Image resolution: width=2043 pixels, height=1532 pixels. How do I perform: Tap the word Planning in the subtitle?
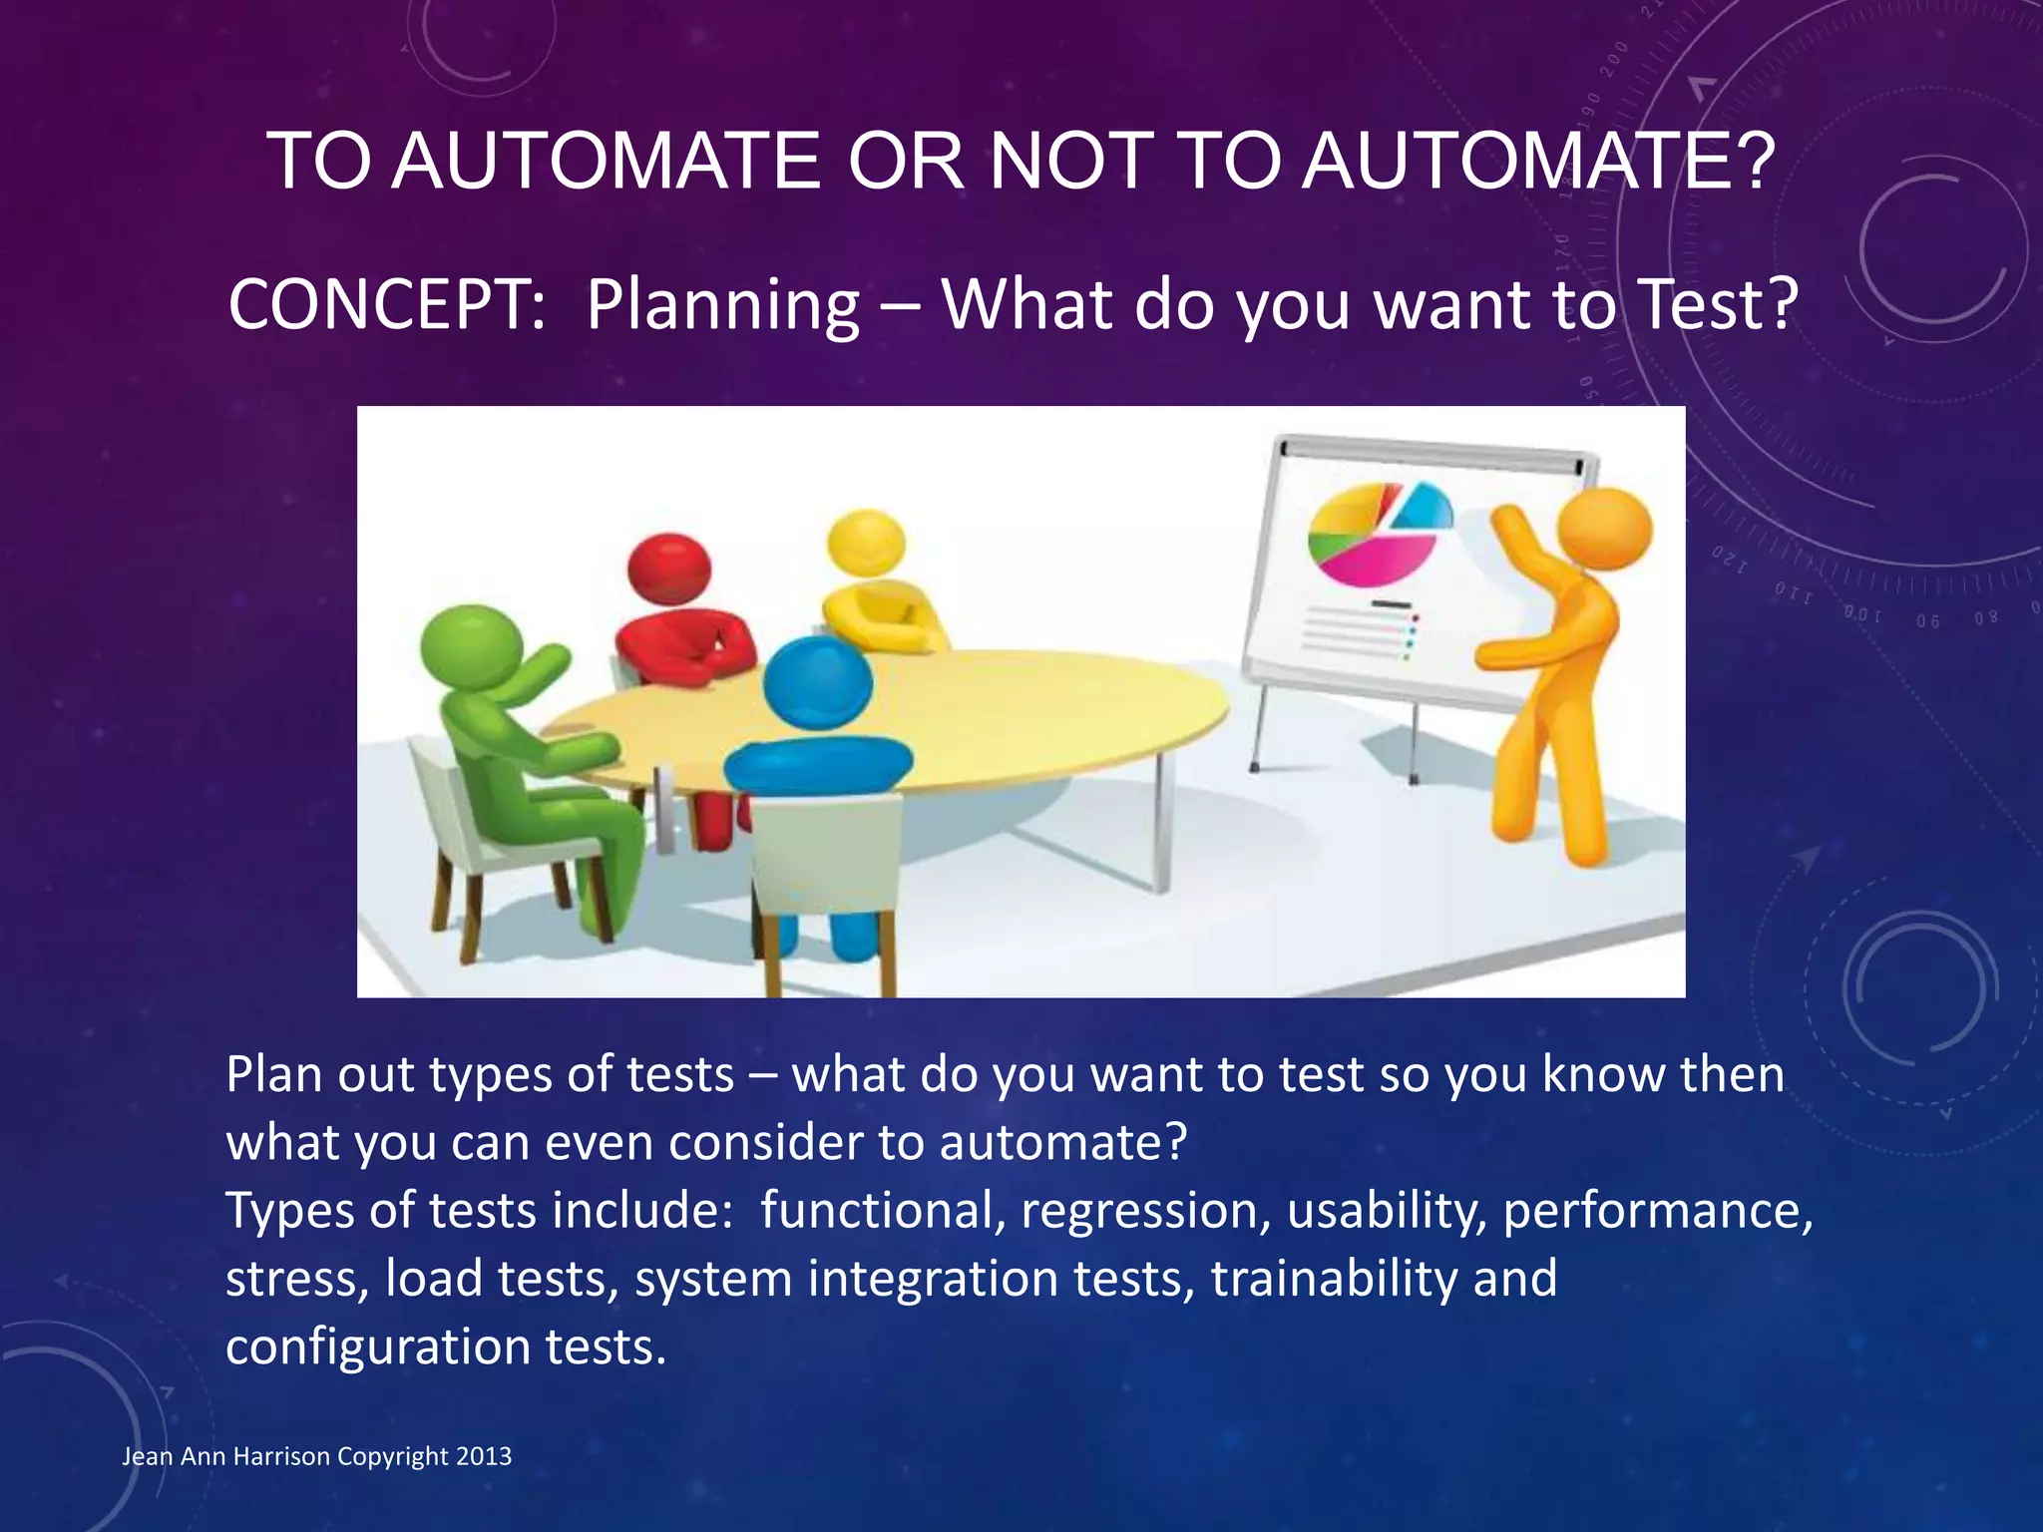click(722, 306)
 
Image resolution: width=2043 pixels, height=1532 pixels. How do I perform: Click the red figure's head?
click(669, 568)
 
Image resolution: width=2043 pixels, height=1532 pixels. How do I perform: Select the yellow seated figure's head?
click(866, 544)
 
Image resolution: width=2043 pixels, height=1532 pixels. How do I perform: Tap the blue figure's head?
click(818, 684)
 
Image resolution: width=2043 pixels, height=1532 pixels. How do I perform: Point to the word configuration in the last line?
click(377, 1348)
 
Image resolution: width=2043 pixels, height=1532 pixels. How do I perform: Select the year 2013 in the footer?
click(484, 1456)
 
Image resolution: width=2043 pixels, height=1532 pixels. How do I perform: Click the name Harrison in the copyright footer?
click(280, 1456)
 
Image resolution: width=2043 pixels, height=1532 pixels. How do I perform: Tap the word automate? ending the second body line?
click(1062, 1143)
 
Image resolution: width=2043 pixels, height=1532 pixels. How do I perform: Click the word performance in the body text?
click(1657, 1212)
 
